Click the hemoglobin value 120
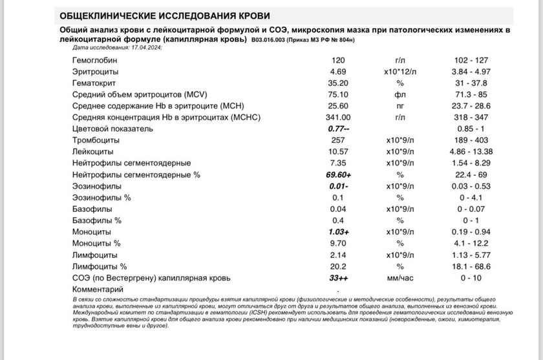[x=337, y=59]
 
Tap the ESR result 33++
[x=338, y=279]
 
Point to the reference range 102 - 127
[x=472, y=59]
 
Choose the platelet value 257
[x=337, y=141]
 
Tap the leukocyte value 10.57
[x=338, y=152]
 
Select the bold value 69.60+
[x=338, y=175]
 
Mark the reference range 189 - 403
[x=472, y=141]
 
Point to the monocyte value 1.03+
[x=338, y=231]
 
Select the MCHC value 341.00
[x=338, y=118]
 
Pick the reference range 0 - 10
[x=472, y=279]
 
